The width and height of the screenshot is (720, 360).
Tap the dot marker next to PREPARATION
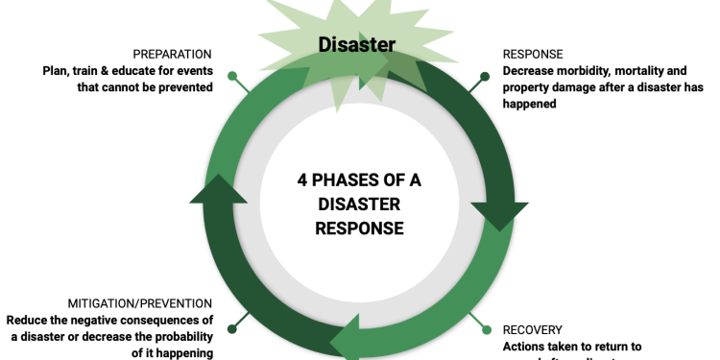231,75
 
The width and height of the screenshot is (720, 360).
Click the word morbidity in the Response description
581,70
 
